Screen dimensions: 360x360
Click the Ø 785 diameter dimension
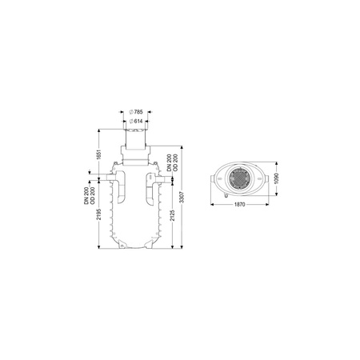click(x=136, y=112)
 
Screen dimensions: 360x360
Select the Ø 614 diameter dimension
click(x=136, y=122)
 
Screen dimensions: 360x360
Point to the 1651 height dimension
click(x=99, y=154)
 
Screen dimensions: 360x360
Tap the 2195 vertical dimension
click(x=99, y=214)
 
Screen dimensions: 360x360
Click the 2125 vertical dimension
click(x=173, y=215)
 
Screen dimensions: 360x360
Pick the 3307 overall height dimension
click(x=182, y=197)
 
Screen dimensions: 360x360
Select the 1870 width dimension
click(x=239, y=205)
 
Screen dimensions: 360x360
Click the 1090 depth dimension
click(x=276, y=178)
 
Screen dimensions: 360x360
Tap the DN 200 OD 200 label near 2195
click(x=90, y=195)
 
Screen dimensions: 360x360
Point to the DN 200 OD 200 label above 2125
click(x=172, y=162)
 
